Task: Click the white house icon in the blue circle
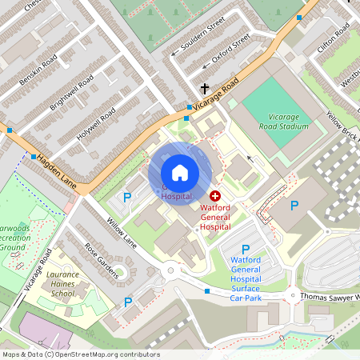(x=180, y=172)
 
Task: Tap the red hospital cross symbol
(x=215, y=195)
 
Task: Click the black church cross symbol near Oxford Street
(x=204, y=88)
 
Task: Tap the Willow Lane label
(x=120, y=233)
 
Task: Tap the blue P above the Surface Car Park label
(x=246, y=250)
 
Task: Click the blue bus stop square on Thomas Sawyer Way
(x=207, y=291)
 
